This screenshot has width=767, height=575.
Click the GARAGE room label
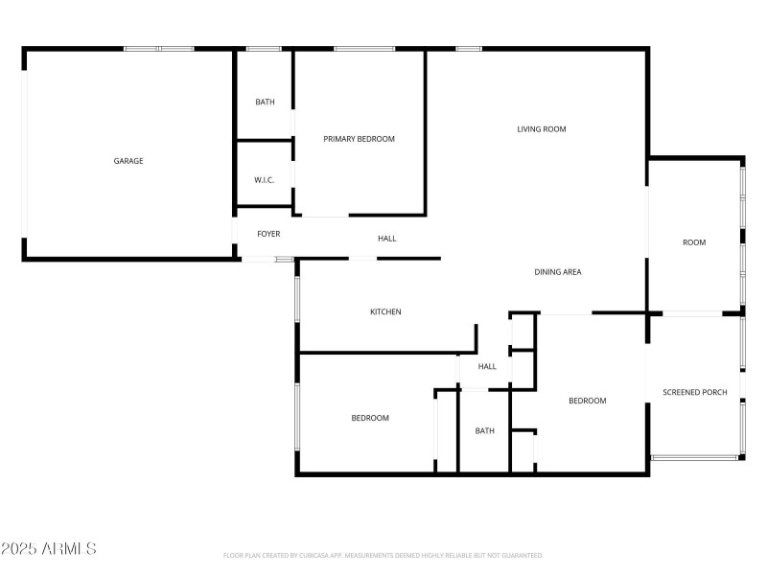pyautogui.click(x=128, y=161)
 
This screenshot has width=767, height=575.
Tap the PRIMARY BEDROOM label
pyautogui.click(x=359, y=139)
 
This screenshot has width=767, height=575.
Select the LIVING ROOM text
pyautogui.click(x=542, y=129)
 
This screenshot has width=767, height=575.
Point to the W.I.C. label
pyautogui.click(x=265, y=179)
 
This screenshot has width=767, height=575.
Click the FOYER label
pyautogui.click(x=268, y=234)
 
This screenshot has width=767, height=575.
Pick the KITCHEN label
pyautogui.click(x=385, y=311)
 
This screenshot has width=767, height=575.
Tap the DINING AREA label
pyautogui.click(x=558, y=272)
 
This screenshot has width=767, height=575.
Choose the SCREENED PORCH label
pyautogui.click(x=695, y=392)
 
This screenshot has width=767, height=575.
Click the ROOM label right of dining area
pyautogui.click(x=694, y=242)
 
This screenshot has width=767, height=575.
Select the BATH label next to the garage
pyautogui.click(x=265, y=102)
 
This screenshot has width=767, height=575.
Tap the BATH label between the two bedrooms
pyautogui.click(x=485, y=430)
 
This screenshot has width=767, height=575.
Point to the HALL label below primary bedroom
pyautogui.click(x=386, y=239)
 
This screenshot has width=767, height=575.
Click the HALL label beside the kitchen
pyautogui.click(x=487, y=366)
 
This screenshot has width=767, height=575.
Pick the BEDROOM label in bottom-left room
pyautogui.click(x=370, y=418)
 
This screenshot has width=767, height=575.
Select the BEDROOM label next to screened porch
pyautogui.click(x=588, y=401)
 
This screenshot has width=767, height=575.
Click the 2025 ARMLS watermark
pyautogui.click(x=49, y=549)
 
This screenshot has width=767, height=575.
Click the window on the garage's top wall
pyautogui.click(x=159, y=48)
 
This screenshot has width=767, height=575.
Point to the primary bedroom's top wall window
pyautogui.click(x=364, y=48)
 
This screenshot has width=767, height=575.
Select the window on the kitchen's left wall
pyautogui.click(x=298, y=299)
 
